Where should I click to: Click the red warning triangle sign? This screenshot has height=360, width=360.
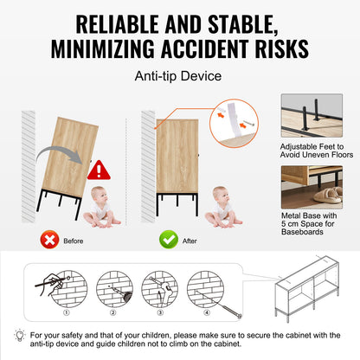[x=99, y=170]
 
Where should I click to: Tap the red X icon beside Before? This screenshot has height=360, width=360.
[x=49, y=240]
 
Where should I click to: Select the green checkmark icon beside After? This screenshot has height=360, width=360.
[x=169, y=240]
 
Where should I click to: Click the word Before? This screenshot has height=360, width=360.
[x=74, y=241]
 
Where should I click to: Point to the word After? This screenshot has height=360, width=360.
[x=190, y=241]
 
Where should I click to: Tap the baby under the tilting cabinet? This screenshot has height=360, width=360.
[x=101, y=207]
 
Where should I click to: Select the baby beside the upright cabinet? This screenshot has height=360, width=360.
[x=223, y=207]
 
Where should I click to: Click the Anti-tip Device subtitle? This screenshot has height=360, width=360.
[x=178, y=76]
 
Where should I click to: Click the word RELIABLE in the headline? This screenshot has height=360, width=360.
[x=117, y=24]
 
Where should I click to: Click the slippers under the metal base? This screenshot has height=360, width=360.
[x=328, y=196]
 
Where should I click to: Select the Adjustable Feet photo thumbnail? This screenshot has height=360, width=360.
[x=312, y=115]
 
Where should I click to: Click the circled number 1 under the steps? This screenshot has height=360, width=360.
[x=67, y=312]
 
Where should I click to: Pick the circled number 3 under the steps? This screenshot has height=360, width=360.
[x=160, y=312]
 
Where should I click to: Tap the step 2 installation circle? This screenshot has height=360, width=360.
[x=114, y=289]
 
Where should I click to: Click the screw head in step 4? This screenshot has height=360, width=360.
[x=239, y=316]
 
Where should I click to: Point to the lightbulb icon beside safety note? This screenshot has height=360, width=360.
[x=20, y=336]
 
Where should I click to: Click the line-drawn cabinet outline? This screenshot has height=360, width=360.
[x=307, y=288]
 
